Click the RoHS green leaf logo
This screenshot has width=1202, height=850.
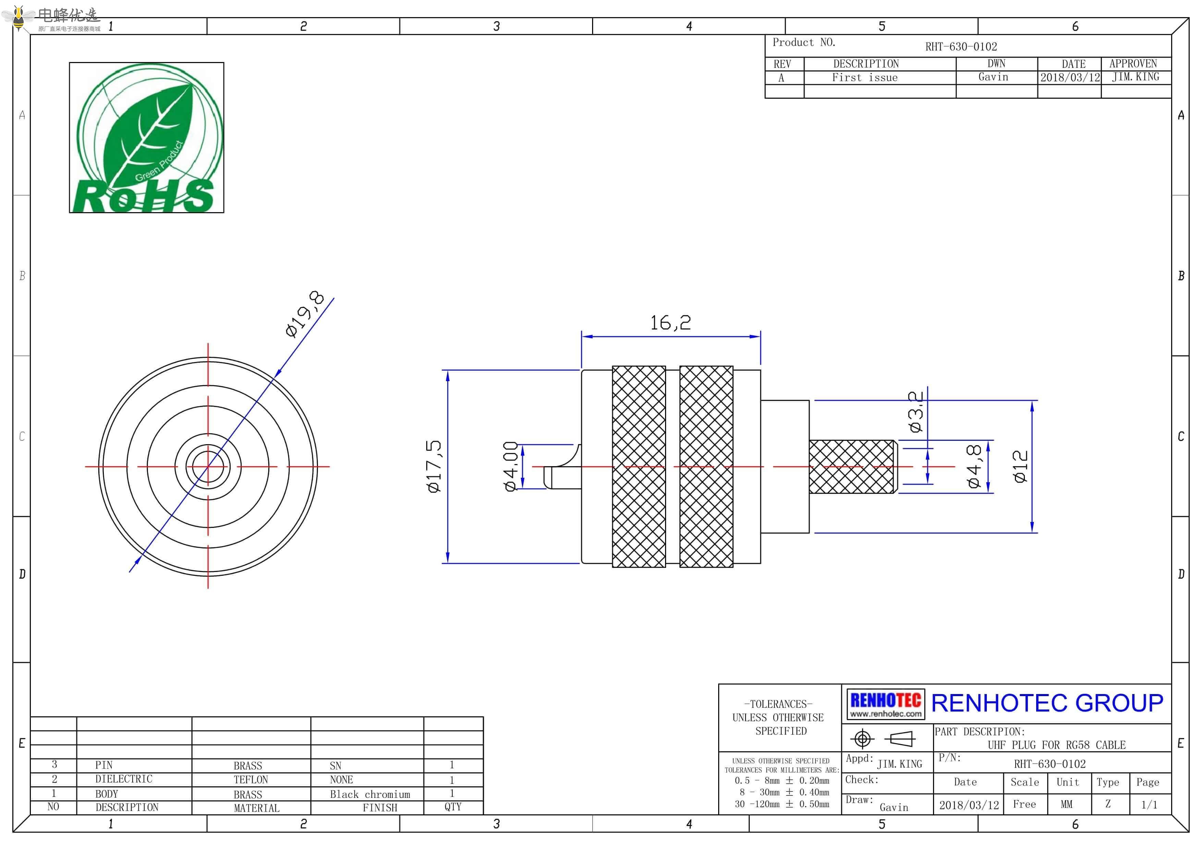tap(147, 138)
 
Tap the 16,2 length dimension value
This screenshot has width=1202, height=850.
tap(670, 323)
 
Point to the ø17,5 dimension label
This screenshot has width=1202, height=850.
tap(434, 466)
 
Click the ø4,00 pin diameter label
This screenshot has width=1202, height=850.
tap(511, 466)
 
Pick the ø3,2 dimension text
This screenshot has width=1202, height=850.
tap(915, 412)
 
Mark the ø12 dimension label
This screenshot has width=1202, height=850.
tap(1020, 466)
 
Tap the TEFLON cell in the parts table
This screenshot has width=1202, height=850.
tap(251, 780)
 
